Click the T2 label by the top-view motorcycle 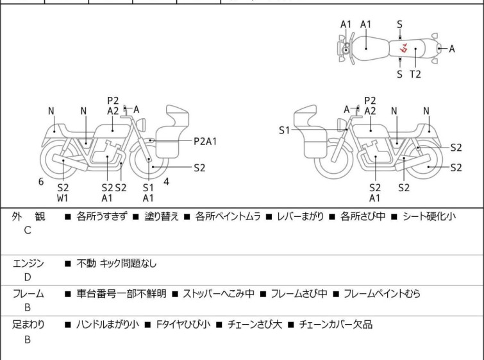point(415,74)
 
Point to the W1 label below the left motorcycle point(62,198)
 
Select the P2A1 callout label point(205,141)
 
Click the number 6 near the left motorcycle point(41,182)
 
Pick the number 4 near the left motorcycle point(166,182)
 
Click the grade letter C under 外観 point(28,230)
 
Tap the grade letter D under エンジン point(28,277)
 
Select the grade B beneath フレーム point(28,307)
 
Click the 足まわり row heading point(28,325)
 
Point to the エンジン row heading point(28,263)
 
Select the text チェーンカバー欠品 point(335,325)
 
